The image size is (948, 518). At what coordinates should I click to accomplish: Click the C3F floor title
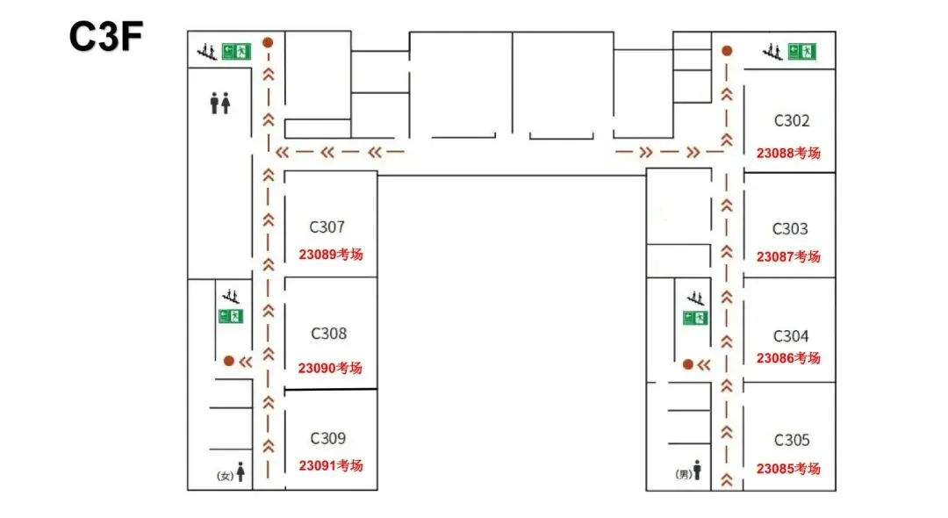point(106,37)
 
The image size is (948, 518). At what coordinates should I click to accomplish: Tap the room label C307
point(327,227)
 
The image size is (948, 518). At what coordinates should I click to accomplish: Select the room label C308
point(329,334)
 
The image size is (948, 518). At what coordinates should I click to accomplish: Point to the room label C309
point(328,438)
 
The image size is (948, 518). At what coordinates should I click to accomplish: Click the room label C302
point(792,121)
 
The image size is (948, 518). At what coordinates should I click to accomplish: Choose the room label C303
point(790,229)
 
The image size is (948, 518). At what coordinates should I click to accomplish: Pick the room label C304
point(791,336)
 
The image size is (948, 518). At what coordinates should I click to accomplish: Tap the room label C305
point(792,440)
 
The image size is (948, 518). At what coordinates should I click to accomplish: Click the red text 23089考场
point(331,255)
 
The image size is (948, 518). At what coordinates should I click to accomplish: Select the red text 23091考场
point(331,465)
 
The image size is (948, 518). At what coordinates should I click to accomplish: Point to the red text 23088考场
point(788,153)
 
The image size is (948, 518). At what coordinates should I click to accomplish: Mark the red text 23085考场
point(788,469)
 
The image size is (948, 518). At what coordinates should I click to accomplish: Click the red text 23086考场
point(788,358)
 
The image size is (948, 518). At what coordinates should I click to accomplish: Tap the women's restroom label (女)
point(225,476)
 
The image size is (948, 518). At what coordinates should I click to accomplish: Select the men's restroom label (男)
point(684,474)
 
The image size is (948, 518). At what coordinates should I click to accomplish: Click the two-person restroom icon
point(220,104)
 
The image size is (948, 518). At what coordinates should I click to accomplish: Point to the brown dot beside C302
point(727,51)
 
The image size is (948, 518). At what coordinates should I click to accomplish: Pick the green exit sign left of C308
point(230,315)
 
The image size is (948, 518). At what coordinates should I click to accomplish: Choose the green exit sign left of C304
point(695,318)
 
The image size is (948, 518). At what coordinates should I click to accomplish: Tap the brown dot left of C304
point(687,364)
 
